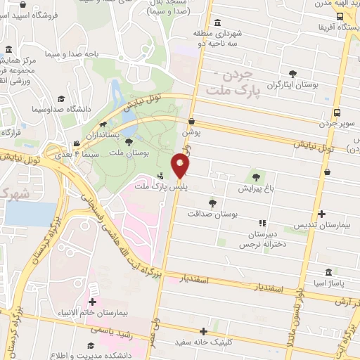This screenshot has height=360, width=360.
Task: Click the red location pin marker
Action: tap(181, 167)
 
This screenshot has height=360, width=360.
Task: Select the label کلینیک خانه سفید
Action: tap(204, 342)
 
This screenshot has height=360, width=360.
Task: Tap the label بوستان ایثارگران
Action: tap(293, 84)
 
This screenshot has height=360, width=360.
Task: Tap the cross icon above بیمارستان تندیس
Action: tap(323, 214)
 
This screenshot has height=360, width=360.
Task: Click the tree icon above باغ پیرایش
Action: tap(255, 177)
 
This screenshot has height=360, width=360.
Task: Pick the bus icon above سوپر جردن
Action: tap(339, 112)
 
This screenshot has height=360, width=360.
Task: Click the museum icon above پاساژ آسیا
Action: tap(329, 272)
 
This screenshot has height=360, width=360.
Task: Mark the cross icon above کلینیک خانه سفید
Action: tap(204, 331)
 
